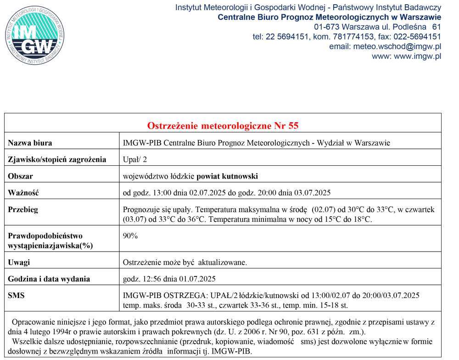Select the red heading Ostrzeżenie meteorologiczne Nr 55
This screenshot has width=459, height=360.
click(x=223, y=126)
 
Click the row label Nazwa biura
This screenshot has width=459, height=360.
click(x=30, y=143)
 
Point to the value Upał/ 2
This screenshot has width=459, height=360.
click(x=135, y=159)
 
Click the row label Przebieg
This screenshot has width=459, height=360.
click(x=23, y=209)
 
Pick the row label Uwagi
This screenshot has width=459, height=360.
click(x=19, y=262)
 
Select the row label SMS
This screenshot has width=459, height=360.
click(x=17, y=295)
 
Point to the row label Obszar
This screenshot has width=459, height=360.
click(x=21, y=176)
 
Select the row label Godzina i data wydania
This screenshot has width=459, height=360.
click(x=49, y=279)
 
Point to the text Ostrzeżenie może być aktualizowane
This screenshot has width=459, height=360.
click(x=185, y=262)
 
